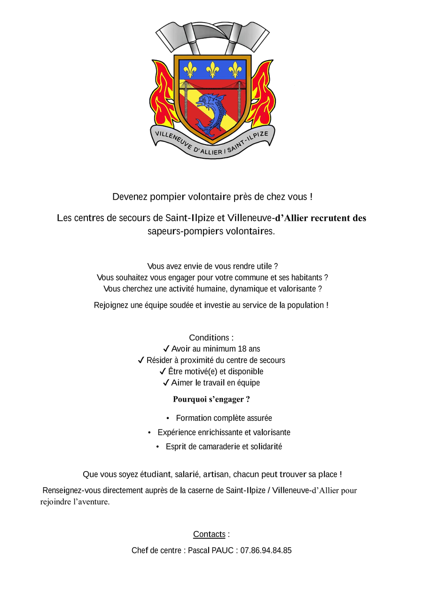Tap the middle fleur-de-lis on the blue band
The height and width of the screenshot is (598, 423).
[x=212, y=69]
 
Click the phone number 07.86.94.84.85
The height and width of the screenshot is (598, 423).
[x=266, y=550]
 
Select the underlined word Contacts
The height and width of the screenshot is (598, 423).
[x=209, y=534]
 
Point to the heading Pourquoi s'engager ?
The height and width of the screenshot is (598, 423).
[x=211, y=399]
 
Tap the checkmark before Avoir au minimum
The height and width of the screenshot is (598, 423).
[x=166, y=349]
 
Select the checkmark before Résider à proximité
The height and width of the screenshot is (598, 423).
[x=141, y=360]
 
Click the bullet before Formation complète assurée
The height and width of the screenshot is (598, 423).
[x=168, y=418]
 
